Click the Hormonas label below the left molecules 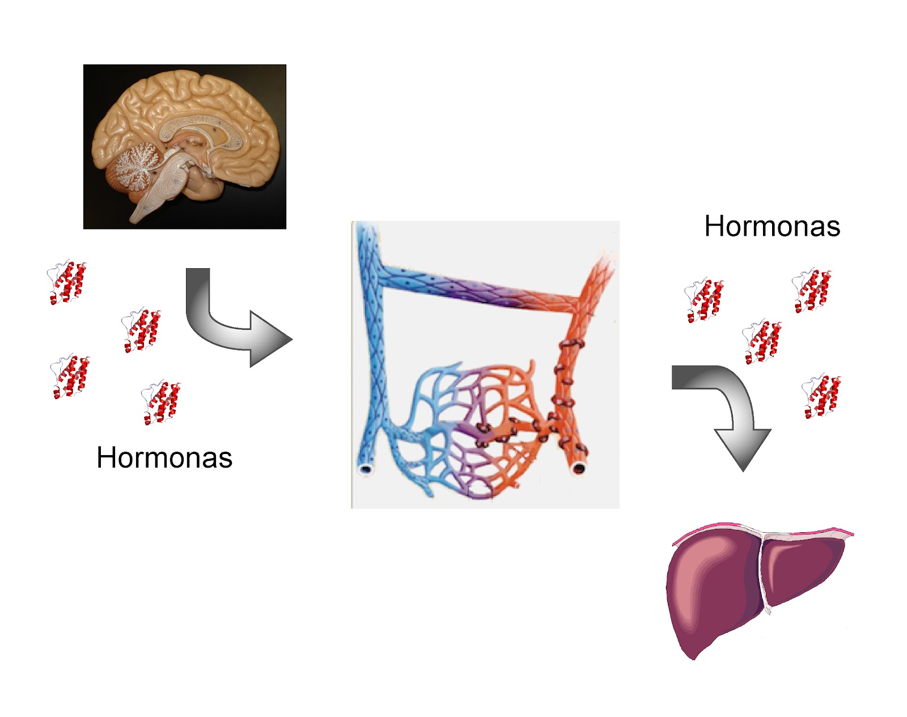(164, 457)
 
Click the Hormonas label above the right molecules (772, 226)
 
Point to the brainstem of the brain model (159, 193)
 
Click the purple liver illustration (726, 589)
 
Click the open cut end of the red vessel (579, 468)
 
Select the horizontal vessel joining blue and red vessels (482, 289)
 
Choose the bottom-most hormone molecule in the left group (162, 402)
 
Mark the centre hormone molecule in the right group (762, 342)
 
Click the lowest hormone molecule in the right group (822, 396)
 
